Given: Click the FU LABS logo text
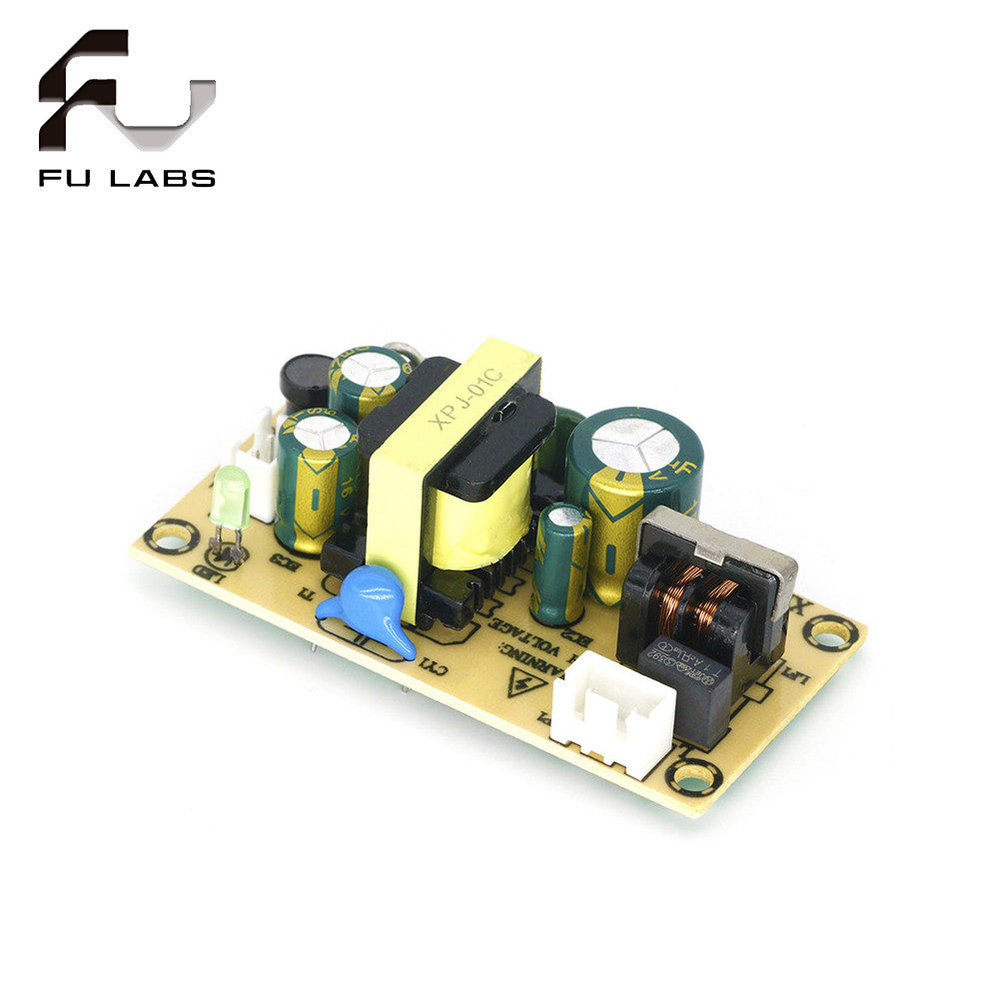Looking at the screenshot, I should [127, 179].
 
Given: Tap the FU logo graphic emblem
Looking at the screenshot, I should [127, 94].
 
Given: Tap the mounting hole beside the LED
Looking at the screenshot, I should [171, 538].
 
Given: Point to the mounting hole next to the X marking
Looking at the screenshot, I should [829, 631].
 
